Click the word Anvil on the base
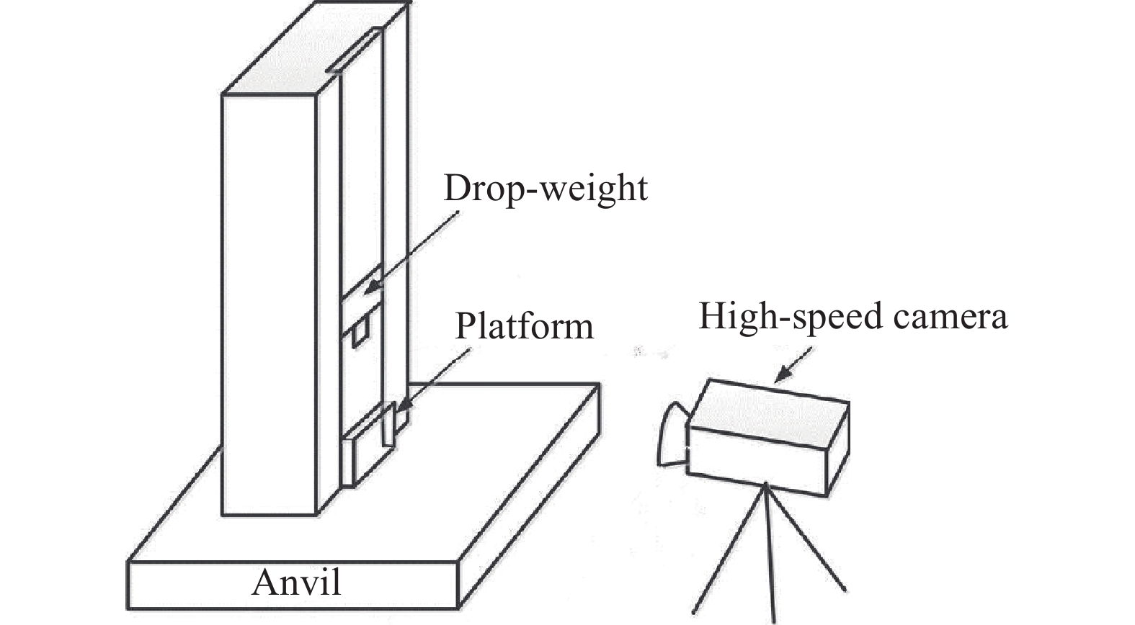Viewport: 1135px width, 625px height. tap(296, 583)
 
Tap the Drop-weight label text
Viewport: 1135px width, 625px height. tap(546, 189)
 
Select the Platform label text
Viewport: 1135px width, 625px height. tap(524, 327)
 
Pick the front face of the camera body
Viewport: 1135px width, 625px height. tap(757, 458)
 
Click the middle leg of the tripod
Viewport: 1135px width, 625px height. tap(770, 554)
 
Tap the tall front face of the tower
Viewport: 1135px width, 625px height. tap(268, 302)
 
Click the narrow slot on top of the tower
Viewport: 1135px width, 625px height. tap(355, 52)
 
